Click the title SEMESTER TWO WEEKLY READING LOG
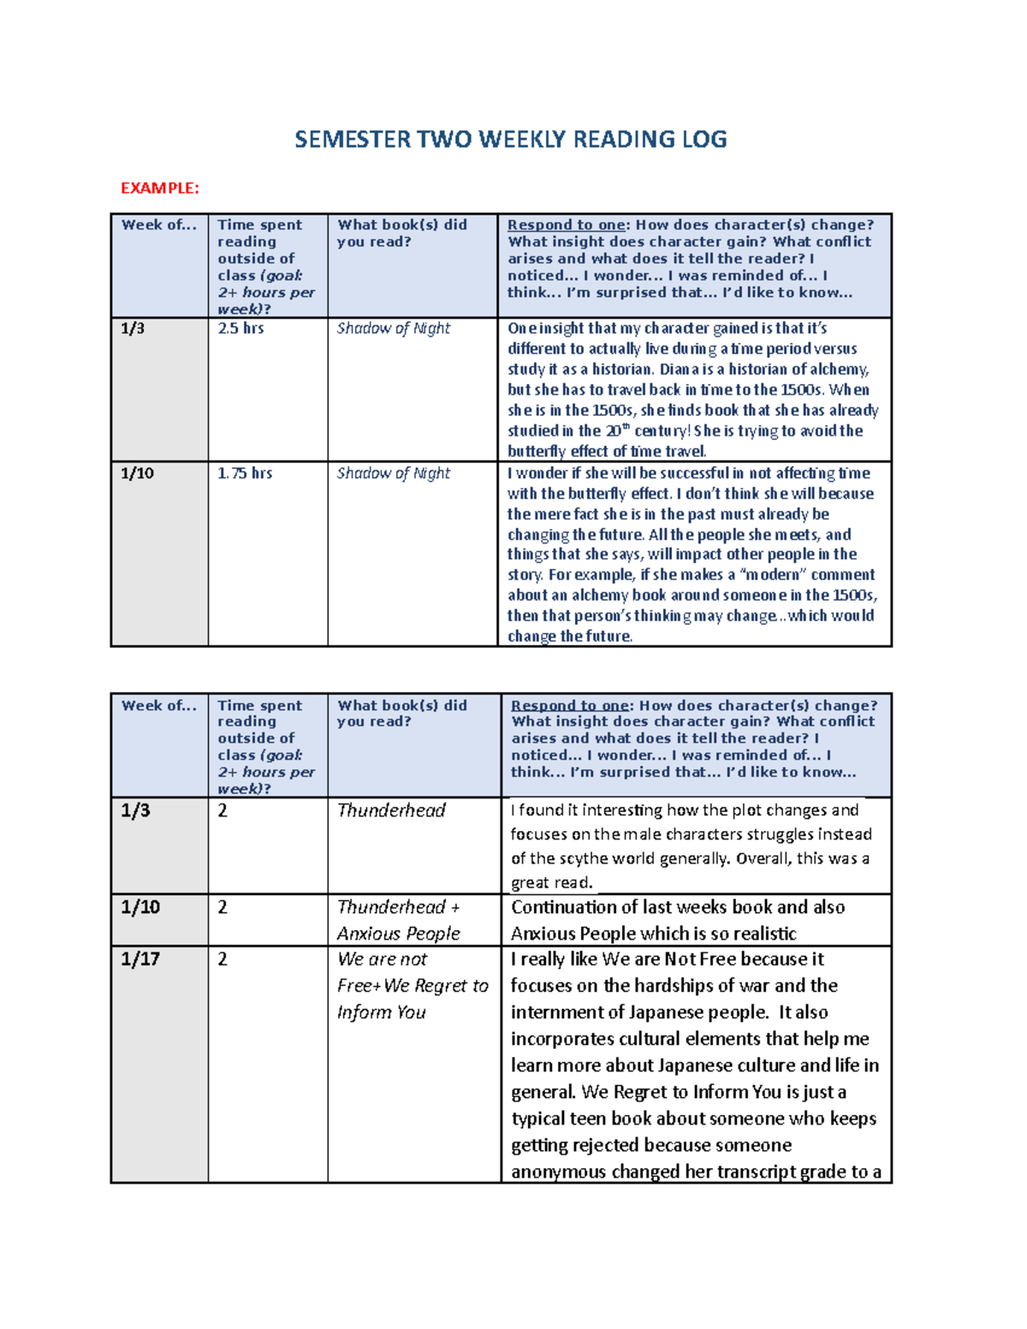coord(511,139)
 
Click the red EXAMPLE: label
coord(160,188)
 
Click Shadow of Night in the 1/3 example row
coord(394,329)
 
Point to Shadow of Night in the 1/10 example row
coord(394,473)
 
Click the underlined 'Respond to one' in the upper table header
coord(566,225)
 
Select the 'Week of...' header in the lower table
coord(159,706)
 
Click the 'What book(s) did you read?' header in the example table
coord(401,234)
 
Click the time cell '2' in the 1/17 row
coord(223,959)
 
